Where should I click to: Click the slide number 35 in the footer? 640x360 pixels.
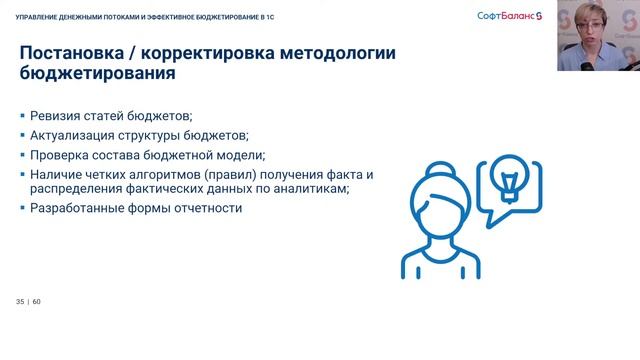(x=20, y=302)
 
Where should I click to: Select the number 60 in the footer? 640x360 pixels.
(x=37, y=302)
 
